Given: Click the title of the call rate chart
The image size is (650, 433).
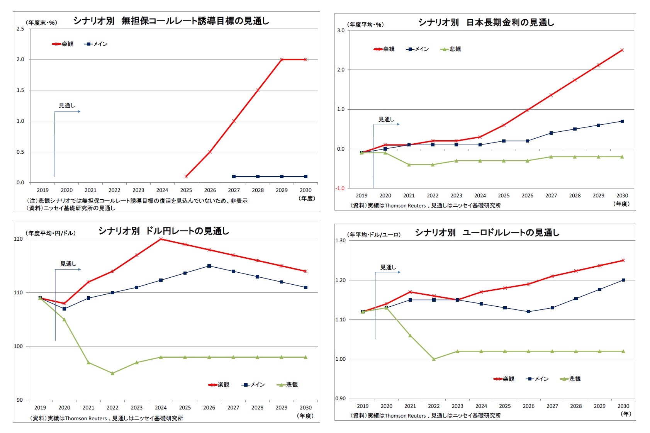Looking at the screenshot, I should tap(171, 21).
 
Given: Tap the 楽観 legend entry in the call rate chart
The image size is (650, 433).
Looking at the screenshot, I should tap(63, 44).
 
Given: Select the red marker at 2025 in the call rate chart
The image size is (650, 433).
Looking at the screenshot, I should tap(186, 176).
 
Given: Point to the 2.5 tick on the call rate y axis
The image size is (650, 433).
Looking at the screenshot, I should tap(20, 29).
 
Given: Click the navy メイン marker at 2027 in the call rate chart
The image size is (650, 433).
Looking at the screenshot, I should tap(234, 177).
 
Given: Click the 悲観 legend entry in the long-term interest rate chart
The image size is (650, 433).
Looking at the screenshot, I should tap(451, 49).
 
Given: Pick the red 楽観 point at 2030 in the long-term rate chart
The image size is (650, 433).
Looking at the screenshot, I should tap(622, 50).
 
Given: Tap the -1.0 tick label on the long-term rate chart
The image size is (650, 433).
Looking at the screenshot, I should tap(340, 188).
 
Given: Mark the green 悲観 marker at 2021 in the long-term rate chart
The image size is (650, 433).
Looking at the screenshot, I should tap(409, 165).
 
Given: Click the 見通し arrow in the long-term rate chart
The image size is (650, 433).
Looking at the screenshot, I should tap(387, 124).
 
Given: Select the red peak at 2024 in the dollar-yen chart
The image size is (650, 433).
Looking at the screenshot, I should tap(161, 239).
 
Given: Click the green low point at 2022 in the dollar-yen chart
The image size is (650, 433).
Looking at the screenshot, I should tap(112, 373).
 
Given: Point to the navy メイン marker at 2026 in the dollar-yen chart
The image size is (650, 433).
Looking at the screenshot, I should tap(209, 266).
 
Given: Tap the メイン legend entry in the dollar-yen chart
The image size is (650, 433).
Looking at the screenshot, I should tap(253, 385).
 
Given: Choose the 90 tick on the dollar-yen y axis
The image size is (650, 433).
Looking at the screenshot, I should tap(20, 400).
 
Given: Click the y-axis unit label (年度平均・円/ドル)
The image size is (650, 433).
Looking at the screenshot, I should tap(51, 233).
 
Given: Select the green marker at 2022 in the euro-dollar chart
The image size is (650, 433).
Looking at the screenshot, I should tap(434, 359).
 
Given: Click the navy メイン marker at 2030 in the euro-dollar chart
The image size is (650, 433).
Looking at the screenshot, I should tap(623, 280).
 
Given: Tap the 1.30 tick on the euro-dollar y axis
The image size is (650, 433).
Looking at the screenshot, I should tap(340, 241).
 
